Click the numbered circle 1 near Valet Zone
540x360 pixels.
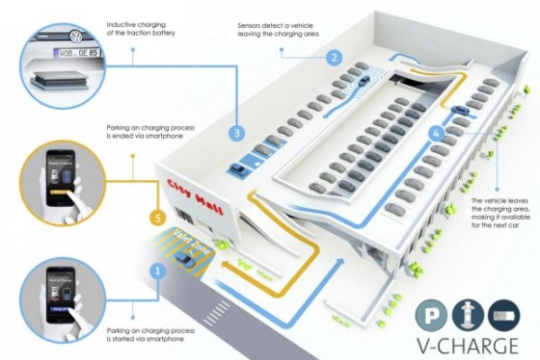click(x=157, y=269)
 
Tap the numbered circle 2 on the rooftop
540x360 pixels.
click(x=333, y=57)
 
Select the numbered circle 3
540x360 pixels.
click(x=237, y=132)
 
